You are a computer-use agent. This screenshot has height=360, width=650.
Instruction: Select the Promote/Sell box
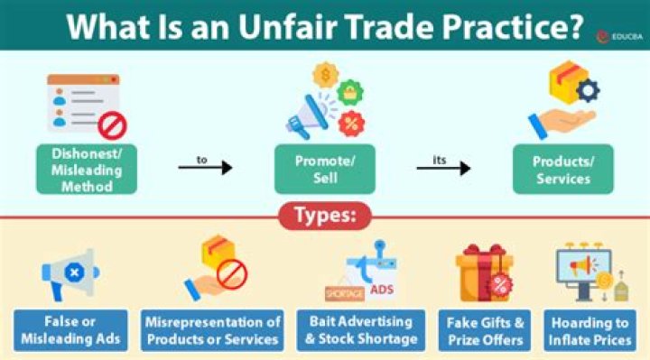pyautogui.click(x=323, y=169)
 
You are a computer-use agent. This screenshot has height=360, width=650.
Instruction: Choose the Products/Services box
pyautogui.click(x=562, y=169)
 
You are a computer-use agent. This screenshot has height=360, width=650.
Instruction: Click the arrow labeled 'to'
pyautogui.click(x=205, y=167)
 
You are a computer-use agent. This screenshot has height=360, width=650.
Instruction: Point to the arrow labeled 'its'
pyautogui.click(x=443, y=167)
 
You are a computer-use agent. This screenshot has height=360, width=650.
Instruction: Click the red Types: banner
pyautogui.click(x=324, y=217)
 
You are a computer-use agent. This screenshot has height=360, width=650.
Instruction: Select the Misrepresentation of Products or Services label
pyautogui.click(x=212, y=330)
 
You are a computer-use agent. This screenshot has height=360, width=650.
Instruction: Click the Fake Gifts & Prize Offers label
pyautogui.click(x=485, y=330)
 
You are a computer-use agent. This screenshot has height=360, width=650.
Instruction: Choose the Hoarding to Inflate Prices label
pyautogui.click(x=592, y=330)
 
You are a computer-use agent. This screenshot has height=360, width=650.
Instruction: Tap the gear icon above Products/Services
pyautogui.click(x=587, y=89)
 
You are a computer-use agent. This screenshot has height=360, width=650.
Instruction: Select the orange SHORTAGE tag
pyautogui.click(x=345, y=294)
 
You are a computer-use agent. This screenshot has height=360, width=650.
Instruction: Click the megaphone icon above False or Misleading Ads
pyautogui.click(x=70, y=272)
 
